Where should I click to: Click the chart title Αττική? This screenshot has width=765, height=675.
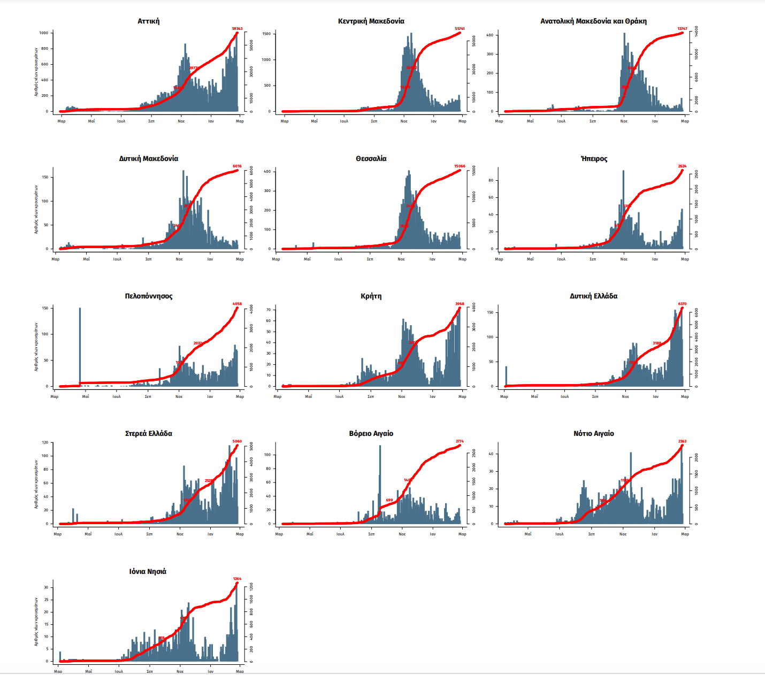148,21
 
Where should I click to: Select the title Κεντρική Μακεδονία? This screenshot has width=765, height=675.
371,21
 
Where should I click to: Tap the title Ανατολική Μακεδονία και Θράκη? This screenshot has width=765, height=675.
593,21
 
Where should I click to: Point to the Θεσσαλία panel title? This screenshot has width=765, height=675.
371,159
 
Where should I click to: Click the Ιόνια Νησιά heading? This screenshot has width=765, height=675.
148,572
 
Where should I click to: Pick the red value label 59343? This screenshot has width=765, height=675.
237,29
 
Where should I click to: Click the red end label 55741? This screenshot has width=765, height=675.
460,29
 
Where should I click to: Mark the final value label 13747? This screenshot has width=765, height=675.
682,29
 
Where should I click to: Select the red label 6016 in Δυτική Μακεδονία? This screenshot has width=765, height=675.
237,166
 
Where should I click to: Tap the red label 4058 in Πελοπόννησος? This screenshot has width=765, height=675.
237,304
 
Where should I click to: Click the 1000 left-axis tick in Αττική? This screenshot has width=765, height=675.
43,33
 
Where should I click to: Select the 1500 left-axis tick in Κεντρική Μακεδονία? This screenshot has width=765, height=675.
266,34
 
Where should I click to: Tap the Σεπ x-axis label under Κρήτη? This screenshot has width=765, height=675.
371,397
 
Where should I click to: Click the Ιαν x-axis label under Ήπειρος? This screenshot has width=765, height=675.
655,259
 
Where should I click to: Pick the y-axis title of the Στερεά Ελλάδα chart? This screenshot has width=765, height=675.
36,484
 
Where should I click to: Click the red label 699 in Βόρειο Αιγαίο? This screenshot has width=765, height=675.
389,501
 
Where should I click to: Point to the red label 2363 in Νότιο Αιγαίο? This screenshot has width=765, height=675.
682,441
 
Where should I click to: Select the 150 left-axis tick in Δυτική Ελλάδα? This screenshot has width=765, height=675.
490,312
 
